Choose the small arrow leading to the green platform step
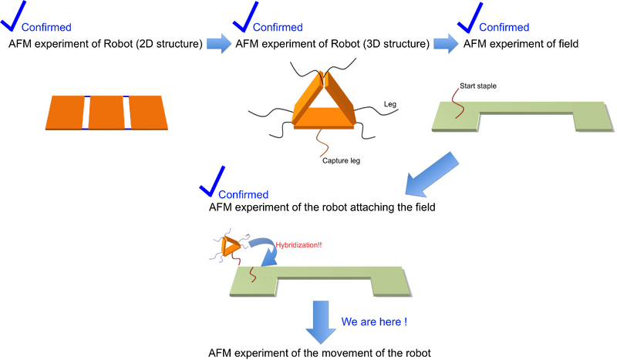tap(444, 42)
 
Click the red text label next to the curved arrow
tap(298, 244)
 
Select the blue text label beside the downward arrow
tap(373, 321)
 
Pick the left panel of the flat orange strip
tap(66, 112)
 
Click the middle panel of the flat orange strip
tap(106, 112)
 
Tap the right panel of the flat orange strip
tap(148, 112)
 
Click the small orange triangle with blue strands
tap(229, 247)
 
